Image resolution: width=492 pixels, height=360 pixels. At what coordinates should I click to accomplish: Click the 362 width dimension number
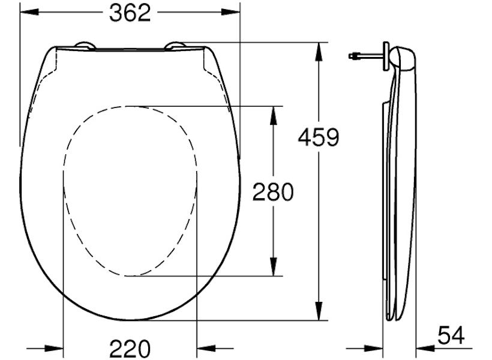(130, 13)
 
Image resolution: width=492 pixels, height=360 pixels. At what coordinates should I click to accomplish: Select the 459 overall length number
(319, 137)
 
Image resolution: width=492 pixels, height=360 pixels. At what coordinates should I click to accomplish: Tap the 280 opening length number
(273, 192)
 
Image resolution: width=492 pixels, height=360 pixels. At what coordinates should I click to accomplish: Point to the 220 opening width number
(130, 349)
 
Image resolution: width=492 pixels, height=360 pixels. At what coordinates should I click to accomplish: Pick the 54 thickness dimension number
(451, 335)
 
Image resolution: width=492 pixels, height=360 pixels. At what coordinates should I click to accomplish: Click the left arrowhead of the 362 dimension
(29, 12)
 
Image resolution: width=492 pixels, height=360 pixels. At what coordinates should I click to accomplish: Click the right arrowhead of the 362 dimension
(230, 12)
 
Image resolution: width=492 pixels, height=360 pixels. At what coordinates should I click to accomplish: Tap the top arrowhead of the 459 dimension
(319, 52)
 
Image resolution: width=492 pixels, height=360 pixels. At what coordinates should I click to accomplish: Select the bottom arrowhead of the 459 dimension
(319, 311)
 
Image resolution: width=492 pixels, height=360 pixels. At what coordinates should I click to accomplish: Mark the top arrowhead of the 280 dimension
(274, 116)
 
